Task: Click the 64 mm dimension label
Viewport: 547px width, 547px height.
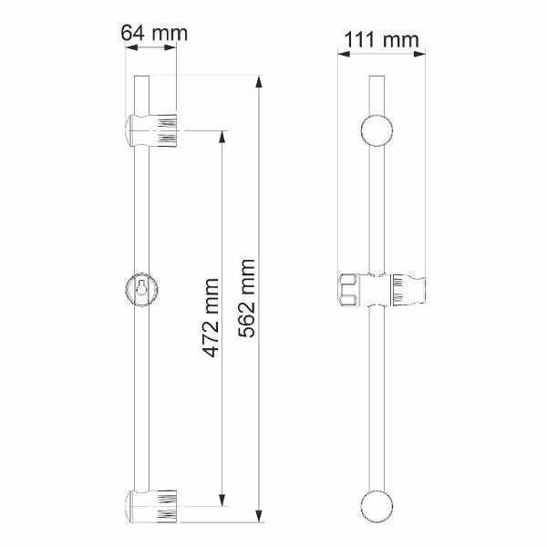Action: tap(154, 34)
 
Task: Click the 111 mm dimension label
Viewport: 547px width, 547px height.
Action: tap(381, 39)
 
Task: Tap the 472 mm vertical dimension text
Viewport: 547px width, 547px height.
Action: tap(212, 318)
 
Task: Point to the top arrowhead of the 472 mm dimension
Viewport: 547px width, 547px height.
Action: tap(222, 136)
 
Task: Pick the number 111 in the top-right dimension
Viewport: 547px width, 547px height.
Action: tap(361, 39)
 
